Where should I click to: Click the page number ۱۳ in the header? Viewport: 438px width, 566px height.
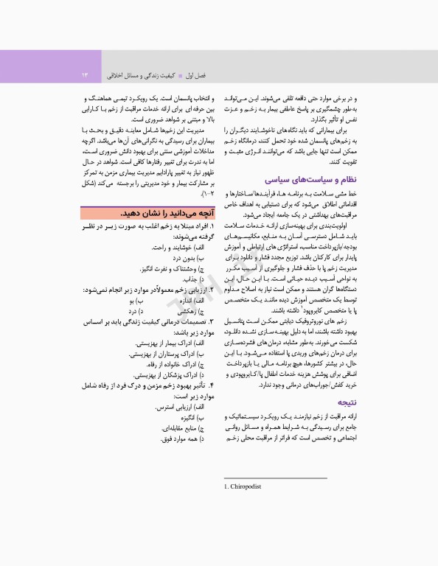(x=85, y=75)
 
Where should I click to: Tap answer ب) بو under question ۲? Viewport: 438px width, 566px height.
(x=131, y=301)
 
